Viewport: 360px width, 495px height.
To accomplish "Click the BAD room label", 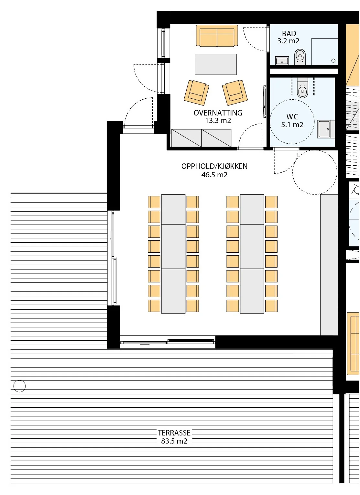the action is pyautogui.click(x=289, y=34).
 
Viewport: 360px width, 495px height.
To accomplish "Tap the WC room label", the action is pyautogui.click(x=292, y=116).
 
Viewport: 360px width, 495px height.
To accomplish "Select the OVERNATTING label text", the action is pyautogui.click(x=218, y=113).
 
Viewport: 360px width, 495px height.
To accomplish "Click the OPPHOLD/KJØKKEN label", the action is pyautogui.click(x=214, y=166).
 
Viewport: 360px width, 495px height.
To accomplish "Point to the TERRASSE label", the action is pyautogui.click(x=174, y=433).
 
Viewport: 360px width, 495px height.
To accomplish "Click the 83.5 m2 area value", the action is pyautogui.click(x=174, y=441).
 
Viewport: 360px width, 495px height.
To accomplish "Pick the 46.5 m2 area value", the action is pyautogui.click(x=214, y=175).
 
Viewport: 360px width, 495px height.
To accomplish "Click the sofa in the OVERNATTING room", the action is pyautogui.click(x=217, y=36).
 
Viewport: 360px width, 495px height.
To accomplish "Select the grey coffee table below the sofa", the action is pyautogui.click(x=215, y=64).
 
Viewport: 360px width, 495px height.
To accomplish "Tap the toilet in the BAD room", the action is pyautogui.click(x=300, y=57).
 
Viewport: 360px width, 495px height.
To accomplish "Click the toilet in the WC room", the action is pyautogui.click(x=302, y=87).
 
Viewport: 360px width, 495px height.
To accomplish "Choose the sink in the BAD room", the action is pyautogui.click(x=282, y=60).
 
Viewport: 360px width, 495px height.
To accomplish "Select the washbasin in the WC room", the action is pyautogui.click(x=325, y=129).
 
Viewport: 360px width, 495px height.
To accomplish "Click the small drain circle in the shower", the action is pyautogui.click(x=333, y=60).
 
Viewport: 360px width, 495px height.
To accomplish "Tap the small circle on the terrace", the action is pyautogui.click(x=19, y=386).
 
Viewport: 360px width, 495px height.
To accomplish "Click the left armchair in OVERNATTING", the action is pyautogui.click(x=196, y=93).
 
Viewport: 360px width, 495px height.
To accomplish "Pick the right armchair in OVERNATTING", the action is pyautogui.click(x=235, y=93).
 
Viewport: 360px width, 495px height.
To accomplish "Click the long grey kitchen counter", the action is pyautogui.click(x=329, y=265).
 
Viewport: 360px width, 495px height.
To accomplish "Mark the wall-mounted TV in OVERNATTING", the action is pyautogui.click(x=264, y=102).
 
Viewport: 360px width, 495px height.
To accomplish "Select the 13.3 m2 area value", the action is pyautogui.click(x=218, y=121).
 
